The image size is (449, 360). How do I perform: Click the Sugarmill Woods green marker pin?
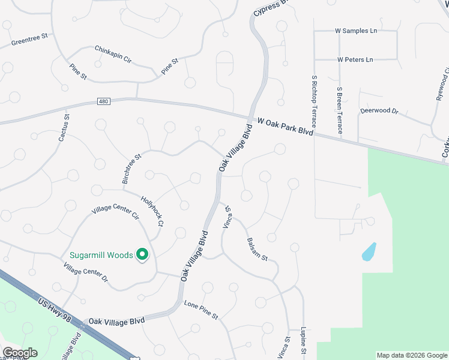click(x=143, y=255)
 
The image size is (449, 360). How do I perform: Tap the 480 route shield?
click(x=103, y=103)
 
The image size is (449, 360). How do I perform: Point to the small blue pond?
click(x=369, y=251)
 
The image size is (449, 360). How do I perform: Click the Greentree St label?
click(x=29, y=40)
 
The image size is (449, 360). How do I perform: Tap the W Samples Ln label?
click(x=356, y=31)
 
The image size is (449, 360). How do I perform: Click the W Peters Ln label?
click(x=355, y=60)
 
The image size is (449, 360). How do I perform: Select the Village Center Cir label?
click(x=115, y=208)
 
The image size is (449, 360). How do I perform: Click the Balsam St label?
click(x=257, y=250)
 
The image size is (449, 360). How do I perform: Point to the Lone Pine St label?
click(x=201, y=310)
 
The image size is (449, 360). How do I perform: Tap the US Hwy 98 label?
click(x=56, y=310)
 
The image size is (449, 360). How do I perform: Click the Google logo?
click(x=20, y=353)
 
